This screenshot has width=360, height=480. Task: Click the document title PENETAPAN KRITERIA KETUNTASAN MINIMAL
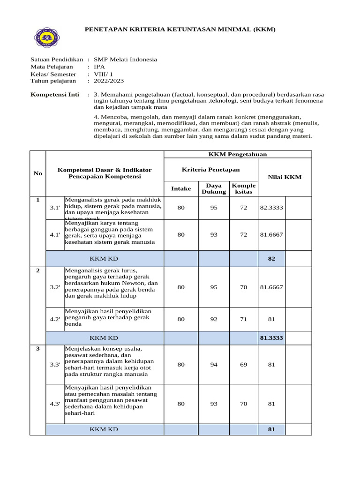(x=180, y=30)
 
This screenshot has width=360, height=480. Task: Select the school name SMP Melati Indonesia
(x=125, y=60)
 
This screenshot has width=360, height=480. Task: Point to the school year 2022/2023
(x=109, y=81)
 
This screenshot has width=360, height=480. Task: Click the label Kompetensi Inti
(x=55, y=94)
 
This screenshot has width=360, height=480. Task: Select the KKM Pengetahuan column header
(x=238, y=154)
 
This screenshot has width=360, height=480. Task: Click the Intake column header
(x=181, y=188)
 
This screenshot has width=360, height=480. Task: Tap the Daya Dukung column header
(x=214, y=188)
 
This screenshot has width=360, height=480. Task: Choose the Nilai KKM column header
(x=285, y=177)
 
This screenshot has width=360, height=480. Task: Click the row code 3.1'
(x=55, y=208)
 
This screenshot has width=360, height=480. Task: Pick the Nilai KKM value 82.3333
(x=271, y=208)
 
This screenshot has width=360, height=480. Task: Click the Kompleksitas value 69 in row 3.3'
(x=243, y=365)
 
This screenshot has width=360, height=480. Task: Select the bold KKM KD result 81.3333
(x=271, y=337)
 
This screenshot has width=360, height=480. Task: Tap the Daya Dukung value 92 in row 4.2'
(x=214, y=320)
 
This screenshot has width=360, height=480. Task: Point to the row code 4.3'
(x=55, y=404)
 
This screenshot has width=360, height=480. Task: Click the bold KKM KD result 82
(x=271, y=258)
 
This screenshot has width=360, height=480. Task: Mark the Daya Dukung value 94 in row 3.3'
(x=214, y=365)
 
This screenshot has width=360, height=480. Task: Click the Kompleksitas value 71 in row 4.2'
(x=243, y=320)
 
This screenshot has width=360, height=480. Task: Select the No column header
(x=37, y=173)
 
